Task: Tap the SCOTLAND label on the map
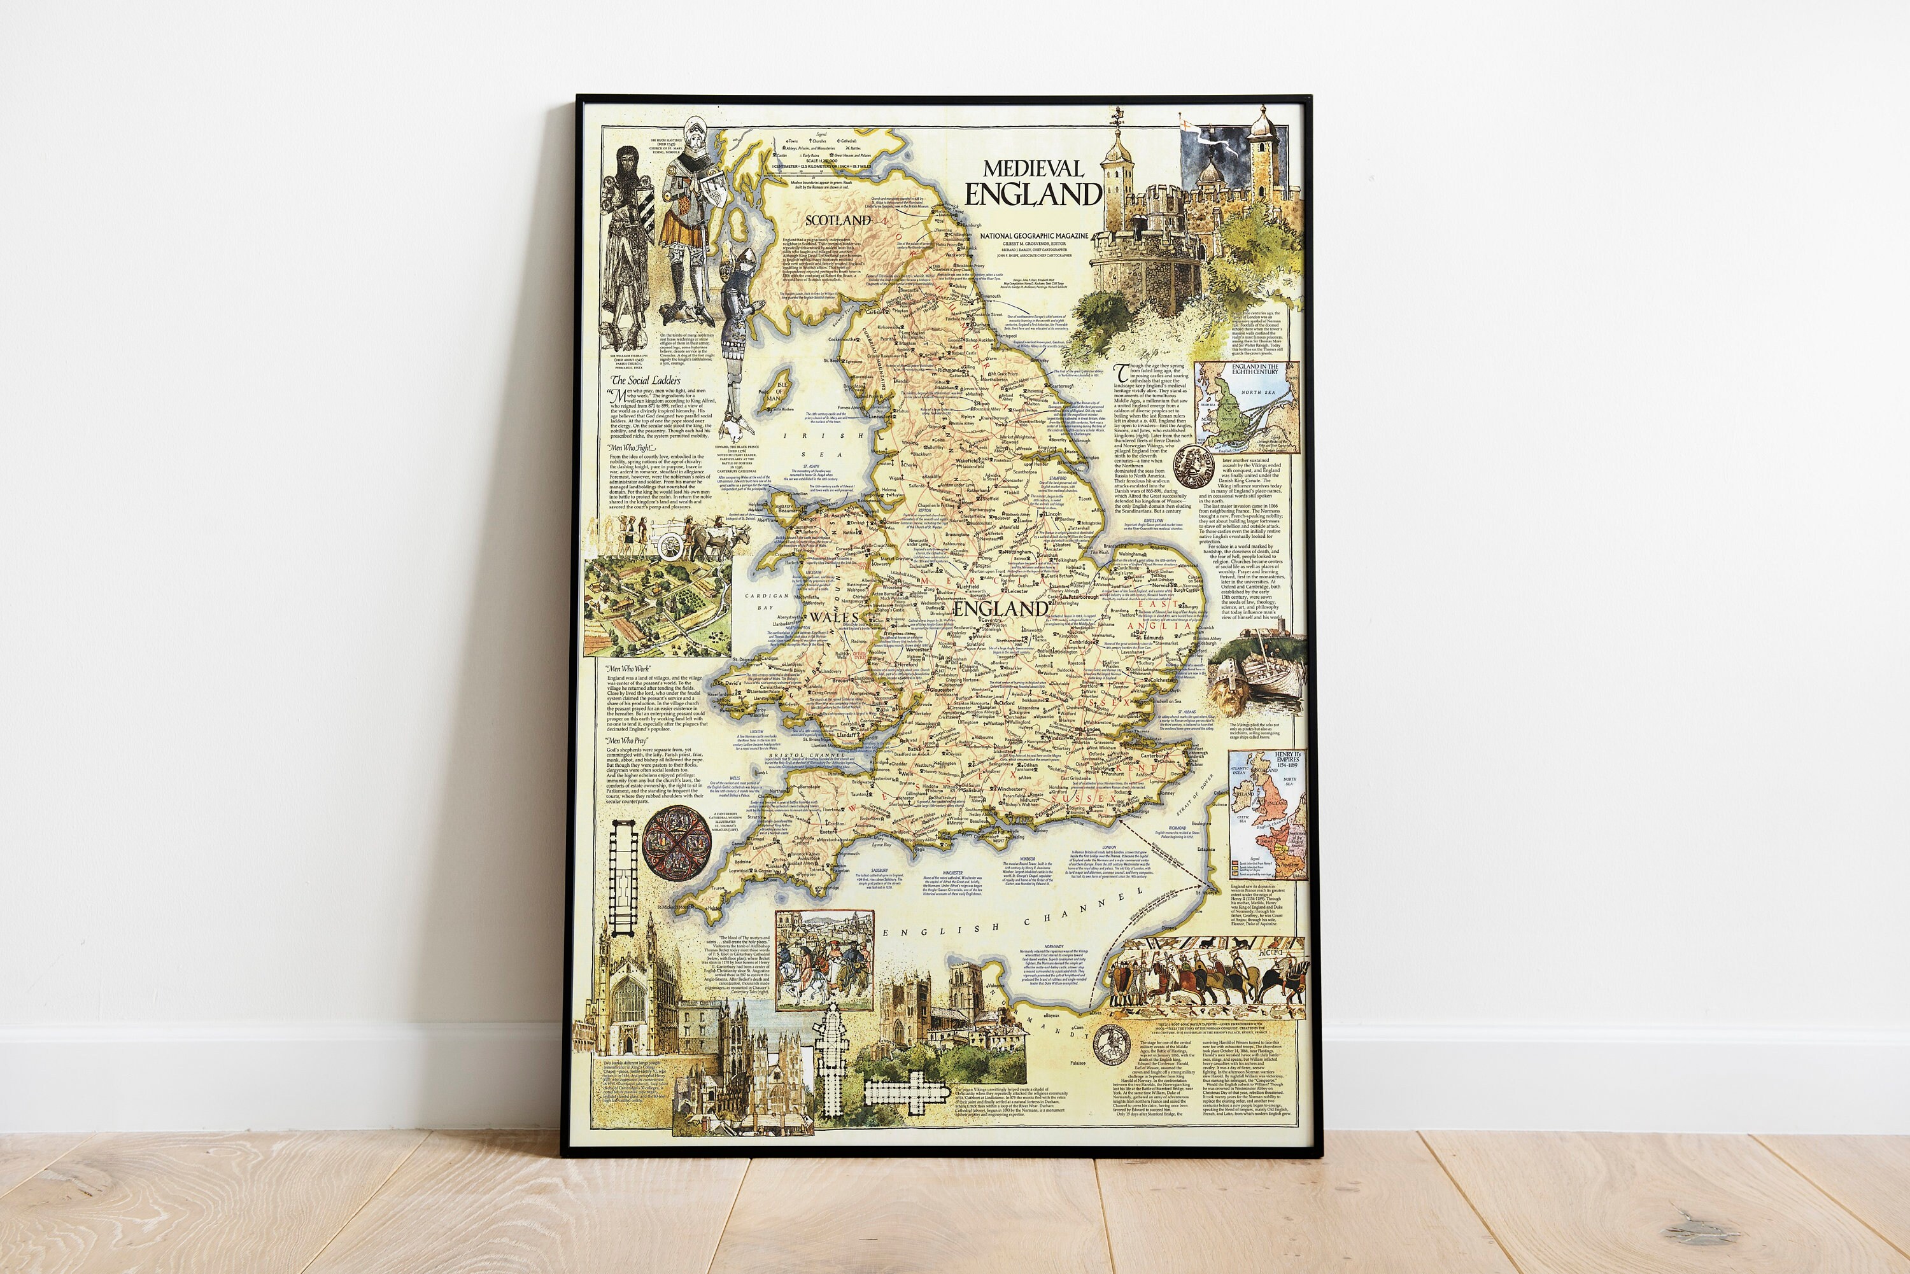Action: click(x=838, y=220)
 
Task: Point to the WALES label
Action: click(x=835, y=617)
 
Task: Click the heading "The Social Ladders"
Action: click(x=646, y=379)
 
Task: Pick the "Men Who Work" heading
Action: click(x=628, y=669)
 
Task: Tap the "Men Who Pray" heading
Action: click(x=626, y=741)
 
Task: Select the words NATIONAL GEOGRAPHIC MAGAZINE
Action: click(x=1034, y=235)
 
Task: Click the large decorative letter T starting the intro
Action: click(x=1122, y=372)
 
